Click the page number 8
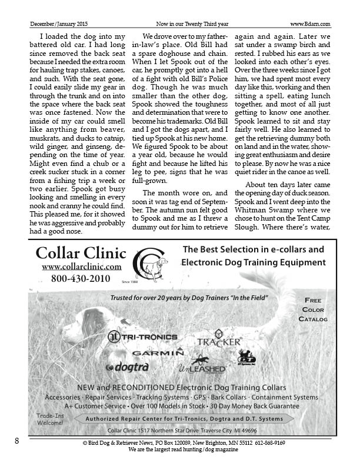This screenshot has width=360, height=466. tap(17, 441)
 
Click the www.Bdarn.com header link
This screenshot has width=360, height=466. tap(310, 24)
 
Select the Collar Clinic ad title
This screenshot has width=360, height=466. tap(81, 253)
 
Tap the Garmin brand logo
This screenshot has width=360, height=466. tap(158, 352)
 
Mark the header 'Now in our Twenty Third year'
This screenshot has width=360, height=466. tap(188, 24)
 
